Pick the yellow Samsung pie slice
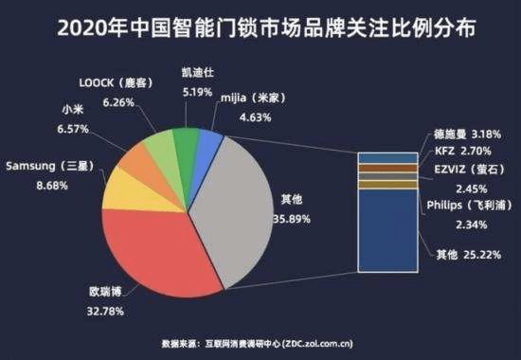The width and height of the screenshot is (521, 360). tap(123, 189)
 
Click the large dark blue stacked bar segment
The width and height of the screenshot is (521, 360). tap(386, 237)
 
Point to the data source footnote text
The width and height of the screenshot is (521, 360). tap(260, 343)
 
